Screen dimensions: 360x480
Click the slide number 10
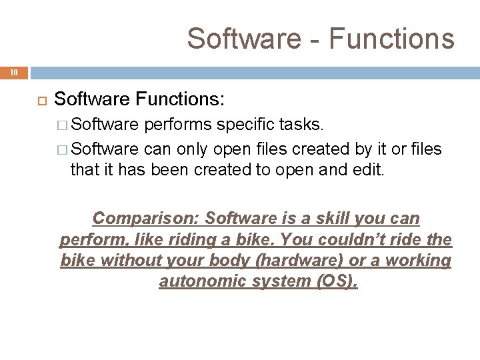click(15, 71)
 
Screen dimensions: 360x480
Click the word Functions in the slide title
click(392, 38)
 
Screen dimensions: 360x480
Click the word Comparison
click(146, 218)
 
